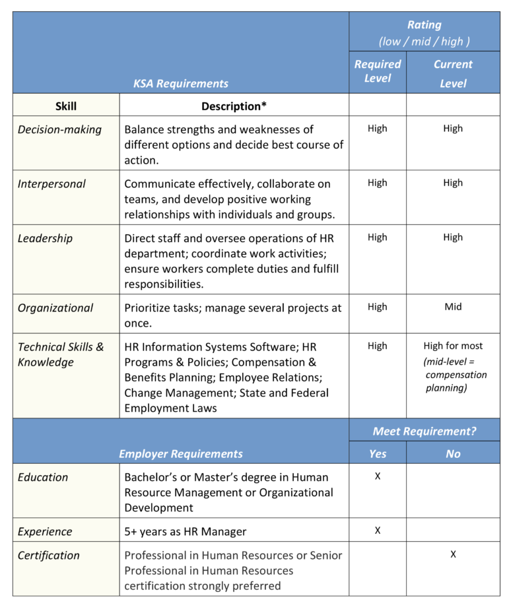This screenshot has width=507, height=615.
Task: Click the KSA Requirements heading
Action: click(180, 83)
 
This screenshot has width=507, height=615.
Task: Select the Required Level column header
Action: click(378, 71)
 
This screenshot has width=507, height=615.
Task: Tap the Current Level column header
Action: click(453, 73)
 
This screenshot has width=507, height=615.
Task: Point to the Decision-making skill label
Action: click(59, 129)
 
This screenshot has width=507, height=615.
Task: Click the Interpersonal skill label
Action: click(51, 183)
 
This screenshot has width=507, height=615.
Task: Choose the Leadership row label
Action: click(45, 238)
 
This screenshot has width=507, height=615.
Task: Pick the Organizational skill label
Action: click(55, 307)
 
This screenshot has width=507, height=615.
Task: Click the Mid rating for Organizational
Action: click(453, 307)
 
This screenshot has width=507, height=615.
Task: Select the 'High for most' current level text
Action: click(453, 346)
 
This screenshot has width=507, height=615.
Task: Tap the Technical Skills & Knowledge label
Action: click(61, 354)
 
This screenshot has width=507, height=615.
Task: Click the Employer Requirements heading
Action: click(180, 453)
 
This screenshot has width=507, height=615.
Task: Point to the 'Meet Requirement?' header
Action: click(424, 431)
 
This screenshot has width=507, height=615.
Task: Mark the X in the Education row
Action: click(378, 476)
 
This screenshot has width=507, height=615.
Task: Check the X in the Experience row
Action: click(378, 531)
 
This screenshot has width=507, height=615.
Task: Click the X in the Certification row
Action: click(453, 554)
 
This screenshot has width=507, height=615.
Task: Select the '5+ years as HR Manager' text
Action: click(186, 531)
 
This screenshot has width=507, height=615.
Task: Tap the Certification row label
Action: click(48, 555)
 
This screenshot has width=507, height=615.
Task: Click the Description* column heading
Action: click(230, 106)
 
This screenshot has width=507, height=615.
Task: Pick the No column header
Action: click(453, 453)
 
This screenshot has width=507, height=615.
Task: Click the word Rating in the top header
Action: click(424, 25)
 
